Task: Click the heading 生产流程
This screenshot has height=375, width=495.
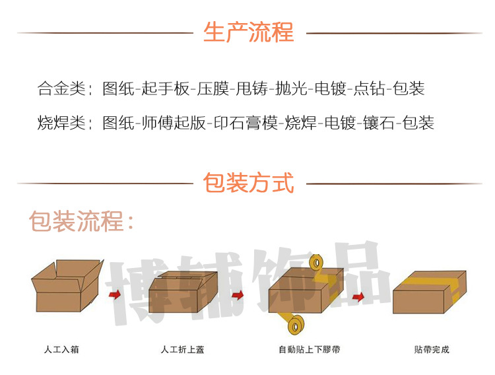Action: (x=248, y=32)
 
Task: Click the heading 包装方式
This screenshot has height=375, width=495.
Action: (x=248, y=182)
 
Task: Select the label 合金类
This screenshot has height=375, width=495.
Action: (x=62, y=88)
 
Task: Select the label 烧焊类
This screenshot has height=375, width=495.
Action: (x=62, y=123)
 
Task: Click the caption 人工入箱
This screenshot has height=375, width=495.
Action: (x=61, y=349)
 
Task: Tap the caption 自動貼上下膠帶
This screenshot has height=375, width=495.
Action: (x=310, y=349)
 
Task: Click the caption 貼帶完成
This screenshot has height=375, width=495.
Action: (x=432, y=349)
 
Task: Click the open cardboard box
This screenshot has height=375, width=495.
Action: (x=66, y=285)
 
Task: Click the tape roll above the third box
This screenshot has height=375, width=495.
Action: (x=316, y=264)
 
